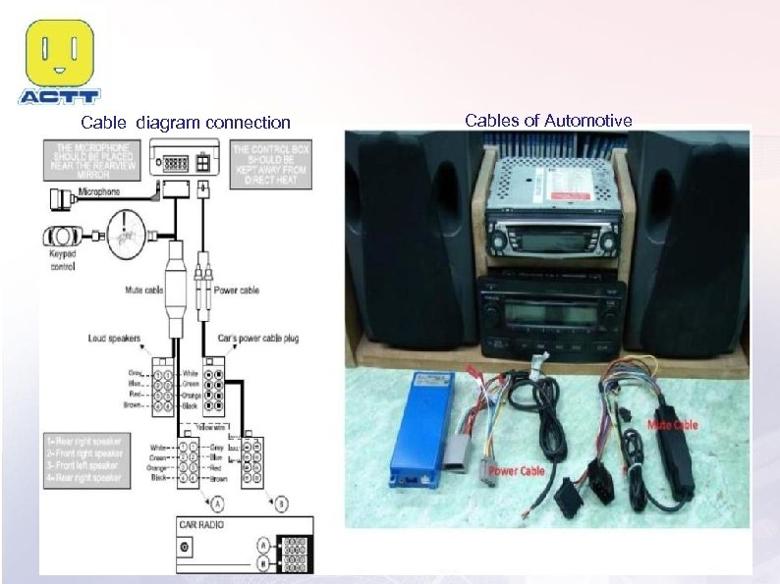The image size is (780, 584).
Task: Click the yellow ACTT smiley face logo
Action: coord(60,53)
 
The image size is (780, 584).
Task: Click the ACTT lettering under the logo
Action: coord(60,97)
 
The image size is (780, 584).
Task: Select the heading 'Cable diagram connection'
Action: coord(186,123)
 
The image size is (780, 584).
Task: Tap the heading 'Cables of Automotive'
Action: coord(548,121)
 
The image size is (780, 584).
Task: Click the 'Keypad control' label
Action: coord(62,261)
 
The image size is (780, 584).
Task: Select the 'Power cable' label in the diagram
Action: coord(236,291)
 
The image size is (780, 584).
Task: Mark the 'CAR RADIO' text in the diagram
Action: coord(201,525)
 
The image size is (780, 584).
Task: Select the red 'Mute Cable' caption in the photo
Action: coord(673,425)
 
